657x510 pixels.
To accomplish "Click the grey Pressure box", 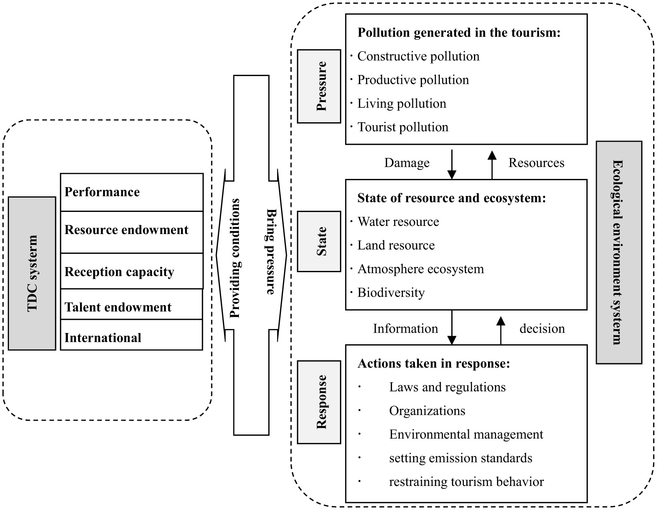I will coord(319,86).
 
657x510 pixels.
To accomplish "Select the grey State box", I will coord(319,241).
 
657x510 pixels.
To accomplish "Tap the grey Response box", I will coord(319,402).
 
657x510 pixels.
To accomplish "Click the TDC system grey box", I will coord(32,273).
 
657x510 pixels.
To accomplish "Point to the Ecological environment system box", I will coord(619,252).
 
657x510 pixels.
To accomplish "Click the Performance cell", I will coord(132,192).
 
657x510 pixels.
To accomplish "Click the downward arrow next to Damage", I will coord(452,164).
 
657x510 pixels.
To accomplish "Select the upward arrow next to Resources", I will coord(492,164).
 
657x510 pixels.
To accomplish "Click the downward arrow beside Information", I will coord(452,327).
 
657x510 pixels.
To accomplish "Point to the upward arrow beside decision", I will coord(501,330).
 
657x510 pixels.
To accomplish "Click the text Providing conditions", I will coord(235,258).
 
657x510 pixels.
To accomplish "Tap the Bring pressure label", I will coord(270,252).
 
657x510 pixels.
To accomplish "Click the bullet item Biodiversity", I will coord(390,293).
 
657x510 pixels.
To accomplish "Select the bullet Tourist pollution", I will coord(403,127).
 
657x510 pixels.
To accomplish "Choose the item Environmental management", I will coord(466,434).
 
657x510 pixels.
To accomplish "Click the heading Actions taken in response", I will coord(433,364).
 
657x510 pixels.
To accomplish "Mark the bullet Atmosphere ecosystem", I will coord(420,269).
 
